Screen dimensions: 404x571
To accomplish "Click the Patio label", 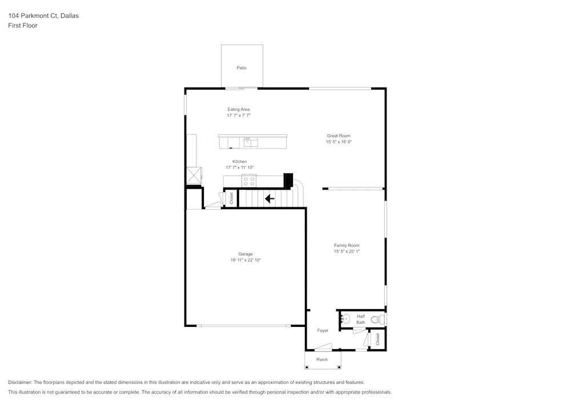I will click(x=242, y=68).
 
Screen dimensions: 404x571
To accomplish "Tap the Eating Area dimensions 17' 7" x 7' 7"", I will click(x=239, y=115).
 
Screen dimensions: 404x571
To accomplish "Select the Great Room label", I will click(x=339, y=136).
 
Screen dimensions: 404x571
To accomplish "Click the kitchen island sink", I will click(x=248, y=140).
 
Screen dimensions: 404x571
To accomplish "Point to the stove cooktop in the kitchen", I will click(x=249, y=181).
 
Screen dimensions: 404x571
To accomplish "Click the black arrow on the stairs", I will click(x=270, y=199).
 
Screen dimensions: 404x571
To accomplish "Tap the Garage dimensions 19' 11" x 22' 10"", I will click(x=246, y=260).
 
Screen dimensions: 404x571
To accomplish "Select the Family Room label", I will click(x=347, y=245).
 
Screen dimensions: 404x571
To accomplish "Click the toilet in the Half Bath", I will click(x=377, y=319).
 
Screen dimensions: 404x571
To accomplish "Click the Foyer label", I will click(x=323, y=330).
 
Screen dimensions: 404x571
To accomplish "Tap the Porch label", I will click(x=322, y=359).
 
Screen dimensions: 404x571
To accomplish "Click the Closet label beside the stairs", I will click(x=231, y=198).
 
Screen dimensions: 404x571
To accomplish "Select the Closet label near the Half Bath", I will click(x=377, y=339).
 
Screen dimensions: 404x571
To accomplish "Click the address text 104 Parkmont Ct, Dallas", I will click(x=43, y=16).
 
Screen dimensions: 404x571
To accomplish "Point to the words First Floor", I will click(x=23, y=26).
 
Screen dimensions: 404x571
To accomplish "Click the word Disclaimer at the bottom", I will click(x=20, y=382).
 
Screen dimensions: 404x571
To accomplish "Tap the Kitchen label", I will click(x=239, y=162).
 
